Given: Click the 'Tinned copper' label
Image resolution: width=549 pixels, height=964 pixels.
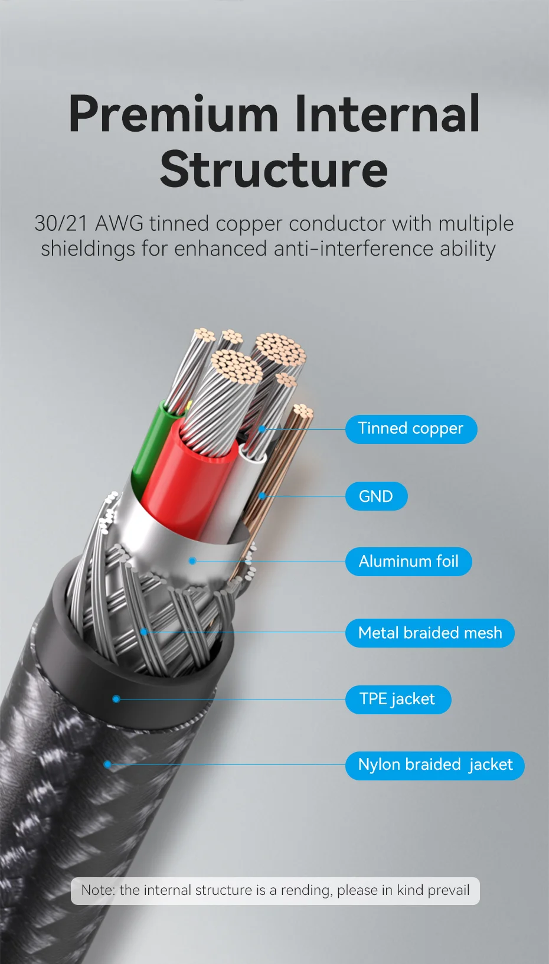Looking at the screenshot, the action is coord(411,429).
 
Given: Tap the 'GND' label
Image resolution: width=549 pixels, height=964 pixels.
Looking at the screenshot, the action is coord(376,496).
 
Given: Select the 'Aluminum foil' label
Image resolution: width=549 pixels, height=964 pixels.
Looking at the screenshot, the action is coord(409,561).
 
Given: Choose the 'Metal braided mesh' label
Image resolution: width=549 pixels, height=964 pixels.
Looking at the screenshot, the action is coord(430,633).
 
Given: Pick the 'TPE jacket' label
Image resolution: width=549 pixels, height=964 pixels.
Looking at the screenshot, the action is coord(397,700).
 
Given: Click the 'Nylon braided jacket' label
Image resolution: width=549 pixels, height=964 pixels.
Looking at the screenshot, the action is coord(435,765).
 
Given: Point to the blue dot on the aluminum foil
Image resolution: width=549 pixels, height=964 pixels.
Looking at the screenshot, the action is coord(192,561).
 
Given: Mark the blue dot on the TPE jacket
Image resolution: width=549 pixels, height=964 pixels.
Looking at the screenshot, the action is coord(116,699).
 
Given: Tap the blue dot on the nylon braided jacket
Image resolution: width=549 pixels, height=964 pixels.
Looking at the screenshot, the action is coord(107,764).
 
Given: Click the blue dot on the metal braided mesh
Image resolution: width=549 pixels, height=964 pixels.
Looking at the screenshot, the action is coord(144,632).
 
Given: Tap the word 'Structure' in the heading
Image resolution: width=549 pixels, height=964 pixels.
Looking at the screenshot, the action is coord(274,169).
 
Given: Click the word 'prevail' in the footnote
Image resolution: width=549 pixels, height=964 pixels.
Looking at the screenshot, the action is coord(448,891).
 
